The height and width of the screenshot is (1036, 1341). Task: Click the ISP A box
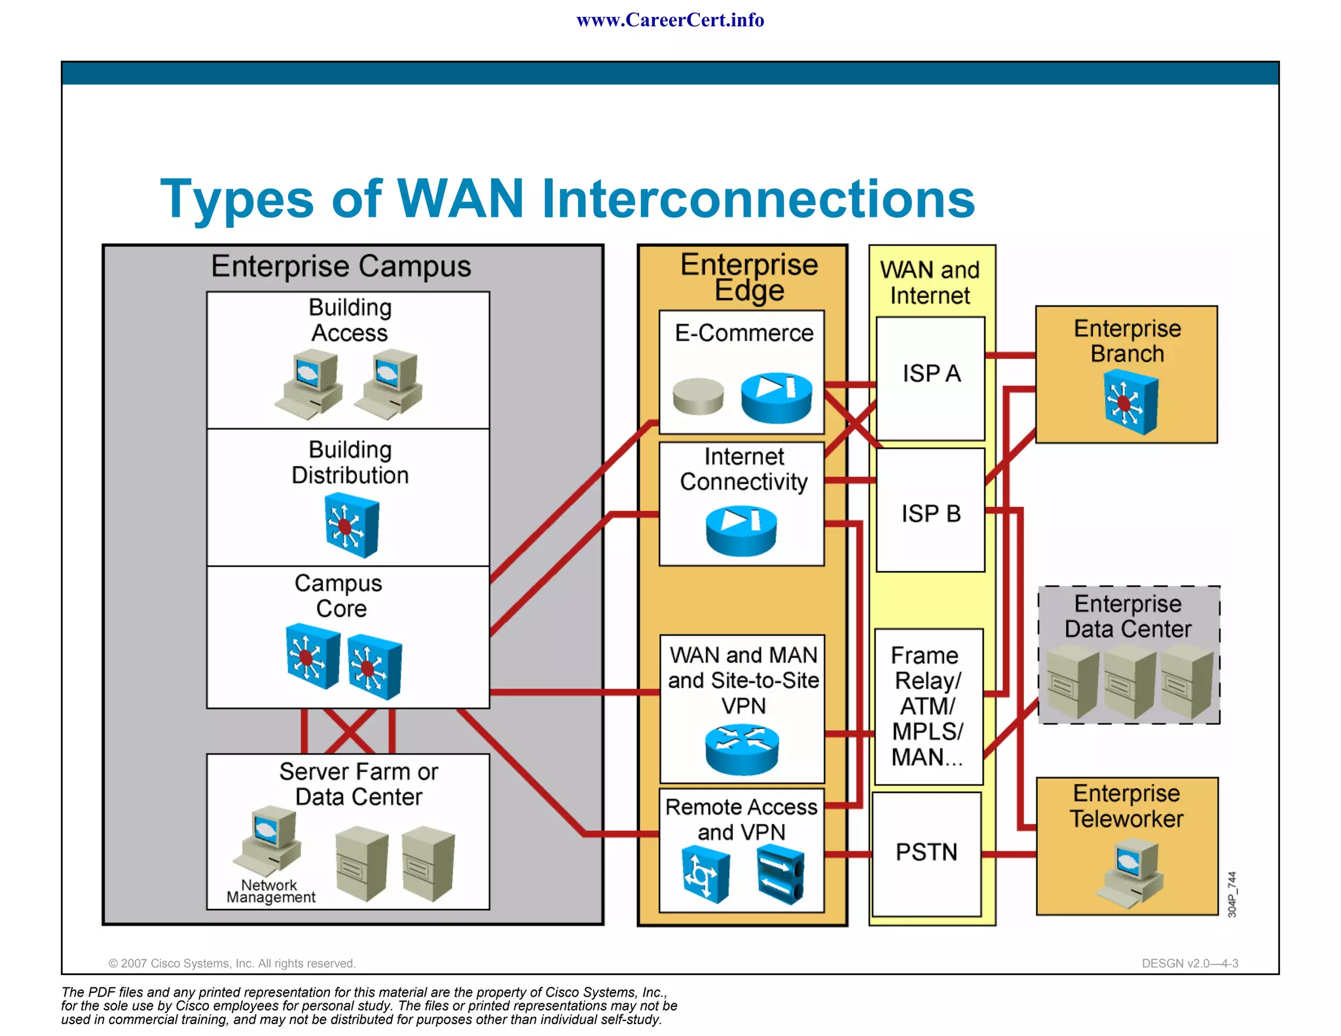pyautogui.click(x=930, y=379)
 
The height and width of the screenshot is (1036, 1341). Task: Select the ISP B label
pyautogui.click(x=930, y=514)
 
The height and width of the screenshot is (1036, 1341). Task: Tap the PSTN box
pyautogui.click(x=927, y=853)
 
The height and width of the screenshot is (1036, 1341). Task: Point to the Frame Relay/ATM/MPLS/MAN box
pyautogui.click(x=928, y=707)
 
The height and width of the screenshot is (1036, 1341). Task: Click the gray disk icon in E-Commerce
pyautogui.click(x=698, y=396)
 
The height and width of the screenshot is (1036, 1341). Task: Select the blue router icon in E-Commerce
pyautogui.click(x=777, y=397)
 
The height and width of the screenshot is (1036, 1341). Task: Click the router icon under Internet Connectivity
pyautogui.click(x=741, y=530)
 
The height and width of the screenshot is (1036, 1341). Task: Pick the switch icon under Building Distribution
pyautogui.click(x=352, y=525)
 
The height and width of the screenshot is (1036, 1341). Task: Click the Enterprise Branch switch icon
pyautogui.click(x=1130, y=402)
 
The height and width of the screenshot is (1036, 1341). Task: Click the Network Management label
pyautogui.click(x=270, y=891)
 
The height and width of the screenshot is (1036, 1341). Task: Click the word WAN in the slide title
pyautogui.click(x=460, y=198)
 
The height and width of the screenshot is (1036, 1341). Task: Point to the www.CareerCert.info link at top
pyautogui.click(x=670, y=20)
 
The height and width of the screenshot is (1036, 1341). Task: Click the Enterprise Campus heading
pyautogui.click(x=340, y=267)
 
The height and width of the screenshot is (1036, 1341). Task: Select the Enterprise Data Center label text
pyautogui.click(x=1128, y=616)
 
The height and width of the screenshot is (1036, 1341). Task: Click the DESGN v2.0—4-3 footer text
pyautogui.click(x=1189, y=963)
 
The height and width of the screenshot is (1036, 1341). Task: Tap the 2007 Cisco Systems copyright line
pyautogui.click(x=232, y=963)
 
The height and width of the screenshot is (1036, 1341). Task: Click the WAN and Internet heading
pyautogui.click(x=930, y=282)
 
